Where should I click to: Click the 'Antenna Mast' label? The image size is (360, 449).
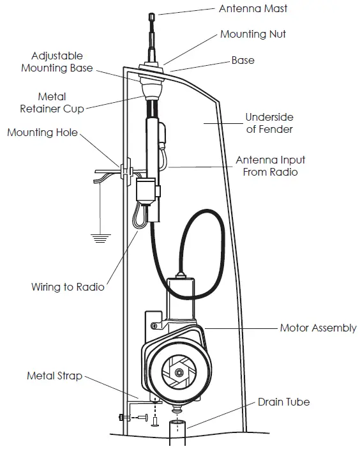point(253,9)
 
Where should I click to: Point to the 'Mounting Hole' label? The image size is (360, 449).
point(42,132)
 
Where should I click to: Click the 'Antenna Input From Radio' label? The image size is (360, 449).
point(271,165)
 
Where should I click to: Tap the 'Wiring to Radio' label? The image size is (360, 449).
point(68,287)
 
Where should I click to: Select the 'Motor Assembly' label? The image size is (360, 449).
point(318,328)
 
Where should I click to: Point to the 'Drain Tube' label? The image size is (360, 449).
point(284,402)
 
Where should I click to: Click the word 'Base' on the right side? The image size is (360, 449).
point(243,61)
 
